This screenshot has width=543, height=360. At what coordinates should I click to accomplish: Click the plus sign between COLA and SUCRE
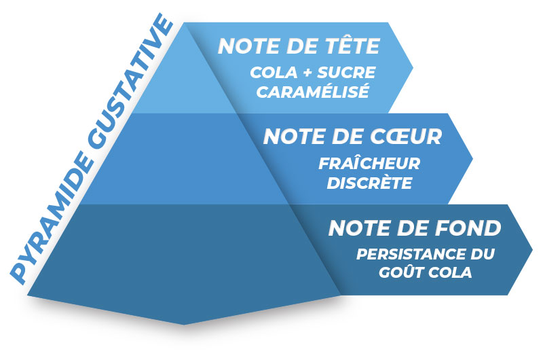(307, 73)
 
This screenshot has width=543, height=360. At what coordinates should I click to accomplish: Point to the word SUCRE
(346, 73)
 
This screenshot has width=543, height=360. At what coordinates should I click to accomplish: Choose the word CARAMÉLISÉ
(313, 92)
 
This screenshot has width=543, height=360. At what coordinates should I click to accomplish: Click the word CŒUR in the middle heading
(406, 136)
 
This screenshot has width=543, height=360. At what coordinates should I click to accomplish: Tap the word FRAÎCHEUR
(369, 164)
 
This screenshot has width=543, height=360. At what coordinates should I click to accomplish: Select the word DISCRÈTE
(369, 183)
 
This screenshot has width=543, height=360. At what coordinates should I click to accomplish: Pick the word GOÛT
(401, 272)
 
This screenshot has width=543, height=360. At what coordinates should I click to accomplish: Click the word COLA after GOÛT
(450, 272)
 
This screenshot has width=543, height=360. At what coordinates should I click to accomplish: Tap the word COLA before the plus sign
(274, 73)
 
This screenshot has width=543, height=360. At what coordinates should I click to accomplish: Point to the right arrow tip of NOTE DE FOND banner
(532, 249)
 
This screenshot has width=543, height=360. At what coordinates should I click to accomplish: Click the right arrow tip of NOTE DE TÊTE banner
(413, 67)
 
